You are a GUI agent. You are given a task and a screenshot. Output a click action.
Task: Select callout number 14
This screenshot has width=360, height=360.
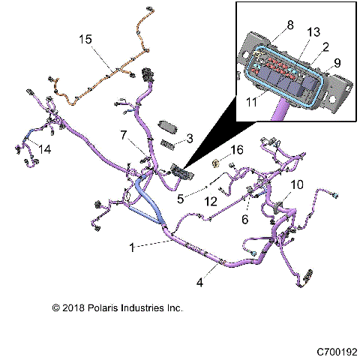45,149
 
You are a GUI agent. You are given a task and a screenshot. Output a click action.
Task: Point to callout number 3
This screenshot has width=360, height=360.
190,138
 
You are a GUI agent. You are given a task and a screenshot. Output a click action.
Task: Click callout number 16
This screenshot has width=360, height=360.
237,151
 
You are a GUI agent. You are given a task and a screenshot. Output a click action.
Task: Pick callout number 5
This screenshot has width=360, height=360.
180,199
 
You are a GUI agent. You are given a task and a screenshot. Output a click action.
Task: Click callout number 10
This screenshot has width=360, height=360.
297,184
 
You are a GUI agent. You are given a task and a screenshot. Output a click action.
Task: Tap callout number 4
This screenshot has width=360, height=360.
200,283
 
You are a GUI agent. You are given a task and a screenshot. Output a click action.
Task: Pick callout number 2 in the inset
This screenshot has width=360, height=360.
324,48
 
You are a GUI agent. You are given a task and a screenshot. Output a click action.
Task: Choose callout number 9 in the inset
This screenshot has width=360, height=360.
337,64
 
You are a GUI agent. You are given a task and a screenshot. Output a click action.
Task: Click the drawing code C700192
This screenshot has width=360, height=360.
337,351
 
